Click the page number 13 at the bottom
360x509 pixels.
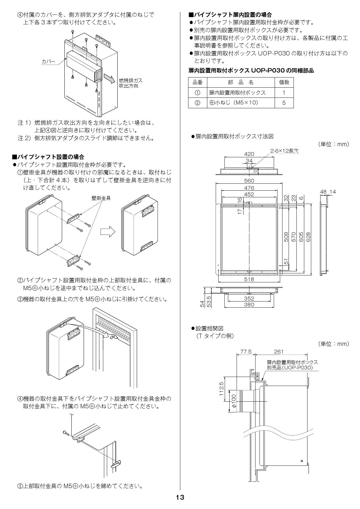(180, 497)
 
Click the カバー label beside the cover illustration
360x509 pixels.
(48, 62)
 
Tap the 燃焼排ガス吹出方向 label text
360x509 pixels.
(131, 83)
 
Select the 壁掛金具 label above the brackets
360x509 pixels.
(101, 198)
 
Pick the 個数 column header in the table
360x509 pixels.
(284, 82)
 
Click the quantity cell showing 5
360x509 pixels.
(284, 102)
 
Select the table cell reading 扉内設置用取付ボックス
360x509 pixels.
(237, 93)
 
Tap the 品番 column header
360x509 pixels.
(197, 82)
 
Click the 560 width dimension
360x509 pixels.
(249, 181)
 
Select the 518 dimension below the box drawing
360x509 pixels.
(249, 279)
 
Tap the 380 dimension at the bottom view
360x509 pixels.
(249, 304)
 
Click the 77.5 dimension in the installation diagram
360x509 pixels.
(246, 352)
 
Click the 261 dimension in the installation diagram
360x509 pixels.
(279, 352)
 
